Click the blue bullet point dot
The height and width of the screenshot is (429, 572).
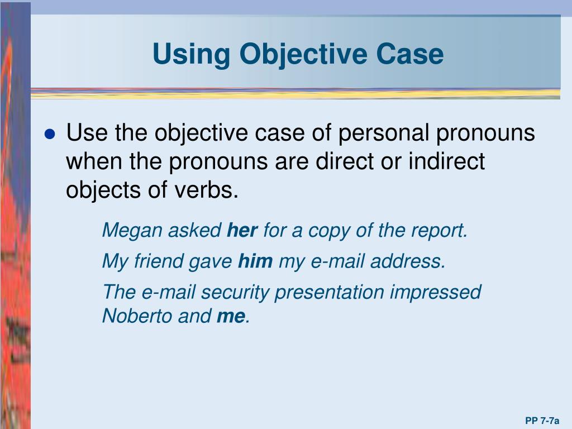pyautogui.click(x=50, y=134)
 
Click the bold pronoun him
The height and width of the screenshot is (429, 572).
pyautogui.click(x=255, y=261)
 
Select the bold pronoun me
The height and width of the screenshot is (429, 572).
pyautogui.click(x=231, y=316)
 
